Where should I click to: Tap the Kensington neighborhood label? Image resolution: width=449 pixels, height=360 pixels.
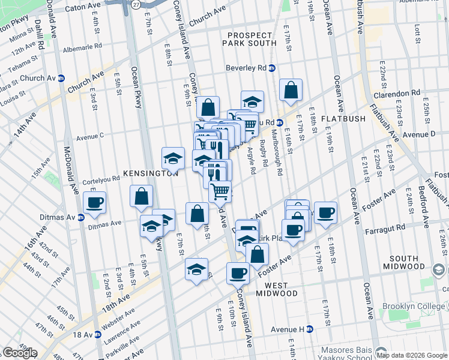click(x=151, y=173)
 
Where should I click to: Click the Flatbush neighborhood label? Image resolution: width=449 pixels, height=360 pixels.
click(x=343, y=119)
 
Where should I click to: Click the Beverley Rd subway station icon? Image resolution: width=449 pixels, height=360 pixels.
click(x=272, y=68)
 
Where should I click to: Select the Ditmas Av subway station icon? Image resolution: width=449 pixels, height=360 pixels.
click(x=80, y=217)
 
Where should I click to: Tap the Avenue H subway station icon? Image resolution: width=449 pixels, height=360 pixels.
click(x=310, y=329)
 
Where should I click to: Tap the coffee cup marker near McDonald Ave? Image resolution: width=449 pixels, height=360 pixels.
click(x=94, y=203)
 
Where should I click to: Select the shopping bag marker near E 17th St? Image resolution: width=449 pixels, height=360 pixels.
click(x=291, y=90)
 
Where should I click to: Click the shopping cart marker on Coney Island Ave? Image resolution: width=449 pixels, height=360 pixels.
click(x=220, y=191)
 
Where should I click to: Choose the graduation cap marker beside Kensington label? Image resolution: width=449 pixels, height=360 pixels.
click(x=173, y=158)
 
